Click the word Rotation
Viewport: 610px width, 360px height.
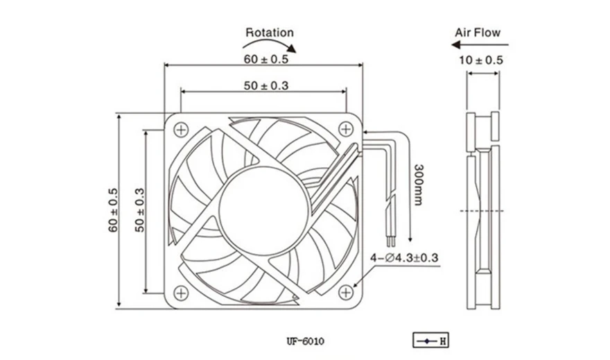point(270,33)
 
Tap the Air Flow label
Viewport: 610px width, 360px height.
point(478,33)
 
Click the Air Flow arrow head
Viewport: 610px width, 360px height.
point(456,45)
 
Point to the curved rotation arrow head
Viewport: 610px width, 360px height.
point(291,49)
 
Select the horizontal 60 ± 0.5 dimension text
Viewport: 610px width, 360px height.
point(266,59)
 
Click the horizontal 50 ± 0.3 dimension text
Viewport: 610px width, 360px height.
point(266,85)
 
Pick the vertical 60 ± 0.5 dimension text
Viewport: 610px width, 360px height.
point(113,211)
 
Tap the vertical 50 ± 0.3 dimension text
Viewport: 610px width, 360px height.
point(139,211)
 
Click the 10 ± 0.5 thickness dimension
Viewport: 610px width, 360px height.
point(481,60)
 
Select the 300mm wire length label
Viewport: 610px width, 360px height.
point(419,185)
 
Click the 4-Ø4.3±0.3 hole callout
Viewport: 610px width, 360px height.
point(404,257)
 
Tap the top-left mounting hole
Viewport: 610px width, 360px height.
point(181,130)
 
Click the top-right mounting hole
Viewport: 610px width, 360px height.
point(346,129)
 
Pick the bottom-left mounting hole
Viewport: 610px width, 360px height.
point(181,293)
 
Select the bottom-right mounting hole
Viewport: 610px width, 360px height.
point(346,292)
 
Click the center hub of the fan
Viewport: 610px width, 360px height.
point(264,211)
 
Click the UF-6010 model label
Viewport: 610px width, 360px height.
point(306,342)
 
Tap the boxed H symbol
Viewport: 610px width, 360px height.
point(430,340)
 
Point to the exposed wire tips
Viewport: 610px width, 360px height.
point(391,241)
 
